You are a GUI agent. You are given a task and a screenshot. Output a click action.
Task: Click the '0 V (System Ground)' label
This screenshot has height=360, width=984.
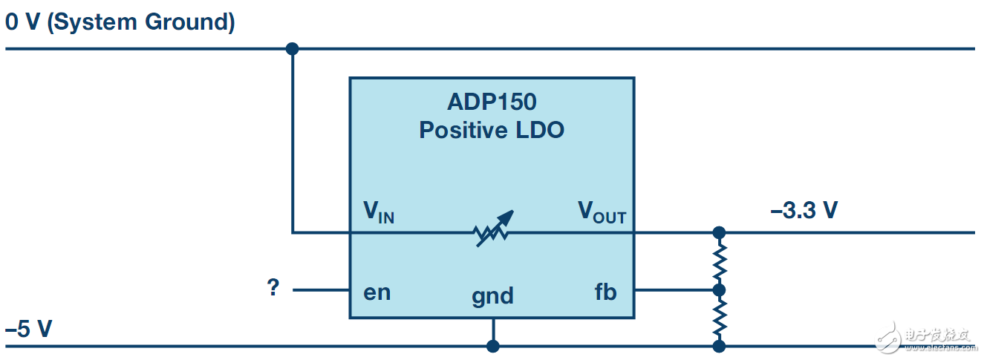120,22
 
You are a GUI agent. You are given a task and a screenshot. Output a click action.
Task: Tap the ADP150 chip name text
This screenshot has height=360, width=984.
492,102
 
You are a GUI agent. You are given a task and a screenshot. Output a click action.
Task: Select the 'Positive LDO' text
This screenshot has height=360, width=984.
492,130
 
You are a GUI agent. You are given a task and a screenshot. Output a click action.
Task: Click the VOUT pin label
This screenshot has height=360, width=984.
602,213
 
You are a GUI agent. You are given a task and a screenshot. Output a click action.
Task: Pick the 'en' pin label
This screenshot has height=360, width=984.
377,292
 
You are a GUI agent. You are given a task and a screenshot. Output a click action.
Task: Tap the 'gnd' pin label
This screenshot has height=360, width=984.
492,295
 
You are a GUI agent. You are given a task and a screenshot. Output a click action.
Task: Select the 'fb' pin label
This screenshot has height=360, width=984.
605,292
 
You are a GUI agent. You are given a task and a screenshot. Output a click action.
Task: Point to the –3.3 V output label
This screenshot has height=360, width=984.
804,211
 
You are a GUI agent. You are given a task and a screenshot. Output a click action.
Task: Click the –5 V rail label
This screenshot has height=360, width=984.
29,328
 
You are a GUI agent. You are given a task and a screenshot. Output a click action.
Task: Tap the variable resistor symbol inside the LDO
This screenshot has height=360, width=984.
492,229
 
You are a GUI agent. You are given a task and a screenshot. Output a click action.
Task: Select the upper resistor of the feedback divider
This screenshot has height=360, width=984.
718,261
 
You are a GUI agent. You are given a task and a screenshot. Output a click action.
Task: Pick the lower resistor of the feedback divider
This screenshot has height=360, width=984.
718,318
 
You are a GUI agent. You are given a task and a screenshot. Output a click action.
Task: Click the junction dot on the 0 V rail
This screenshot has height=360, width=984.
292,49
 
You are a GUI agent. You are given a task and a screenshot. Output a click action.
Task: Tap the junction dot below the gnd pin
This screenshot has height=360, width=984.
492,346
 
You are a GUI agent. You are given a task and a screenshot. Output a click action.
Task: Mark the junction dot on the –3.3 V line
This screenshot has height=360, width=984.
718,232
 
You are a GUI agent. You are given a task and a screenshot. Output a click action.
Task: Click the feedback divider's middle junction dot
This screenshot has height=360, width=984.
718,289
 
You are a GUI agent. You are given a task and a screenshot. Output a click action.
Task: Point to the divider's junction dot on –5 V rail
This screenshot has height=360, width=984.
718,346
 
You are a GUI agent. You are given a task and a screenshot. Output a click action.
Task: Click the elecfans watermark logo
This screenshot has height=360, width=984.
925,338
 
